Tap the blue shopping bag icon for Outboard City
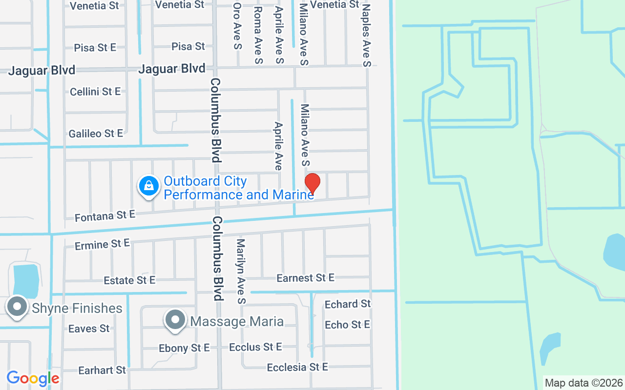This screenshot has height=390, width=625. pos(149,186)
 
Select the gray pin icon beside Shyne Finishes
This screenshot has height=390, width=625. pos(18,307)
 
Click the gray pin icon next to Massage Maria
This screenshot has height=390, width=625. pos(175,320)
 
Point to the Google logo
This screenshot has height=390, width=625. pos(33,378)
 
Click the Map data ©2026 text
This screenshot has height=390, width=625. pos(583,383)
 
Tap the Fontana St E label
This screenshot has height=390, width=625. pos(104,215)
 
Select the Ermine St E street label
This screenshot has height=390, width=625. pos(102,244)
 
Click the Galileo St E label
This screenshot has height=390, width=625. pos(96,133)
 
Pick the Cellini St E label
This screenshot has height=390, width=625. pos(95,92)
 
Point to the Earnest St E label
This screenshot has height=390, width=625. pos(305,278)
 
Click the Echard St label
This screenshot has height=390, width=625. pos(348,304)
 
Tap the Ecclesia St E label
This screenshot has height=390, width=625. pos(297,367)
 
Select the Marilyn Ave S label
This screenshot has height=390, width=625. pos(240,271)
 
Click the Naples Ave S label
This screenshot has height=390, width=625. pos(367,35)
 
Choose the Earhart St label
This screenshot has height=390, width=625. pos(102,370)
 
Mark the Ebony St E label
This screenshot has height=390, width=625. pos(184,348)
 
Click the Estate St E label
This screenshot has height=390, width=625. pos(129,280)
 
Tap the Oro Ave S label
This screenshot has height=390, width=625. pos(237,27)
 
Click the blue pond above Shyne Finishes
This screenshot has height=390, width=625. pos(25,281)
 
